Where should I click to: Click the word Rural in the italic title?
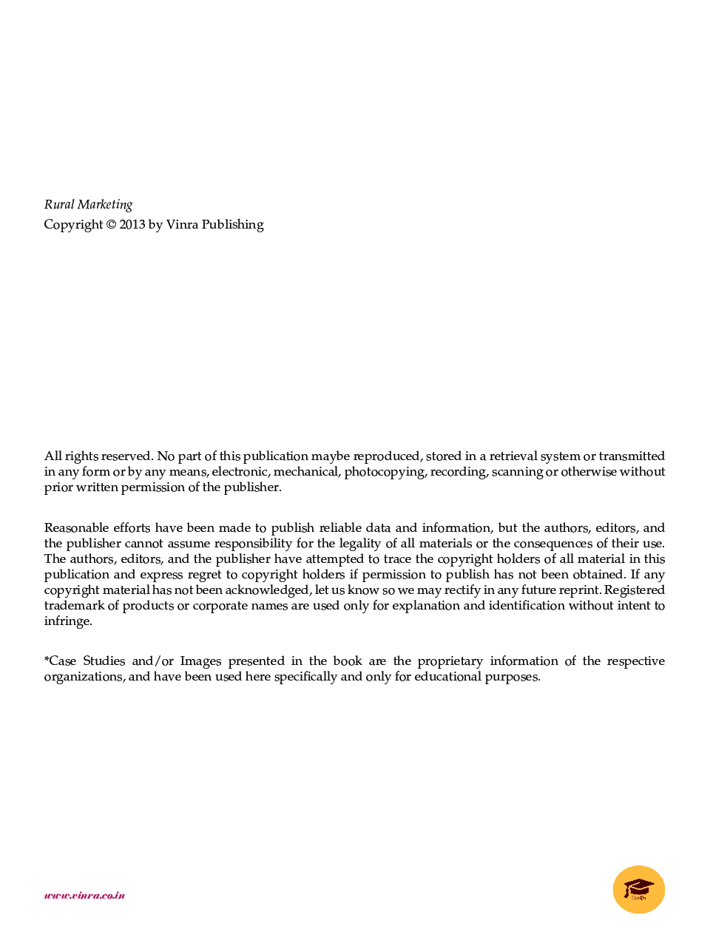pos(59,205)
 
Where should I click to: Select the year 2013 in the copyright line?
pos(132,225)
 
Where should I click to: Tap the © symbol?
pos(111,225)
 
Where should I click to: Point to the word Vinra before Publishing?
pos(182,225)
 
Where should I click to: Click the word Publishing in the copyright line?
pos(232,225)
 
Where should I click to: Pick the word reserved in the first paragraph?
pos(127,456)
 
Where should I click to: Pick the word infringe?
pos(68,621)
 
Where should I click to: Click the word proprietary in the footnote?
pos(450,661)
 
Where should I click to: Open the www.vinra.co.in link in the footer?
pos(84,896)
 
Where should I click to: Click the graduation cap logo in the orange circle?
pos(638,889)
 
